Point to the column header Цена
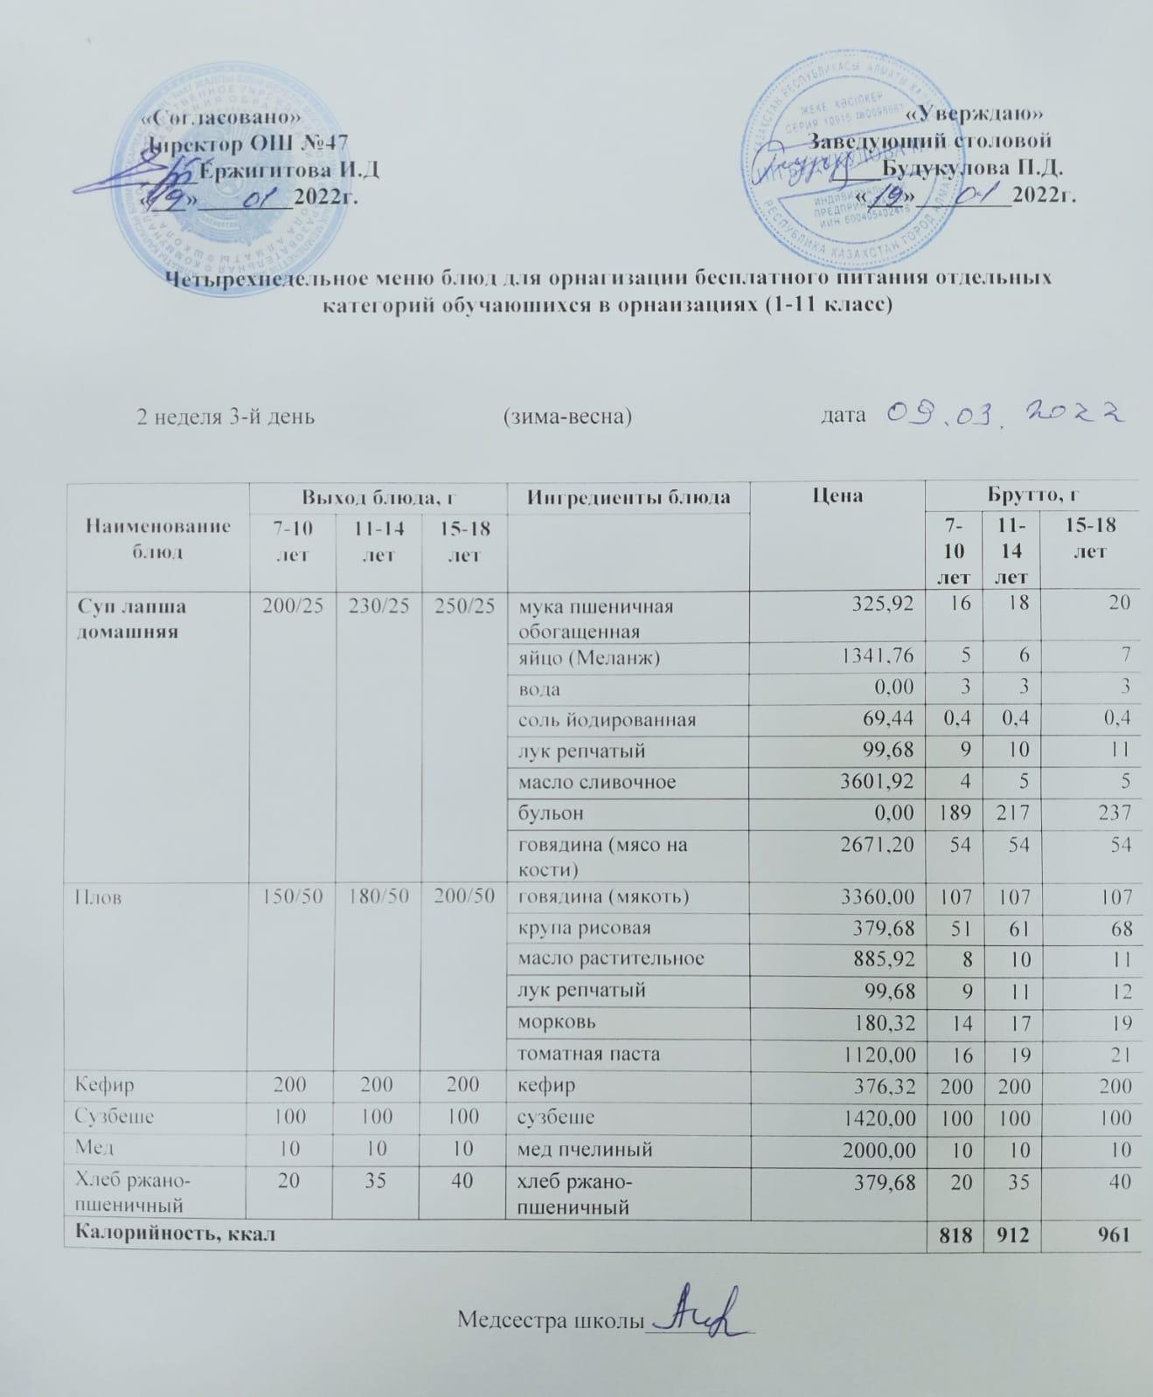(x=837, y=496)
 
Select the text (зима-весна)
(x=567, y=416)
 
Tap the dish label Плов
(x=98, y=897)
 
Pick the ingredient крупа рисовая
(x=584, y=928)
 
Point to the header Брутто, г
(x=1031, y=495)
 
